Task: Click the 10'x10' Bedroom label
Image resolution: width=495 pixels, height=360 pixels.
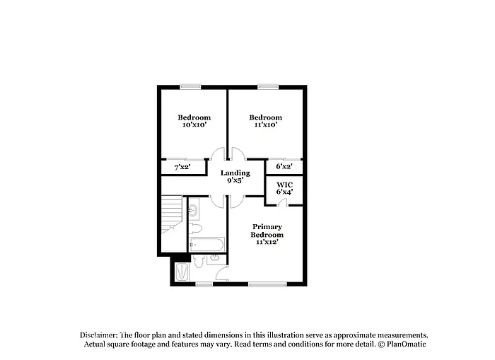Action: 194,121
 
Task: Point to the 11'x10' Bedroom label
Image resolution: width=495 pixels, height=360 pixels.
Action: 265,121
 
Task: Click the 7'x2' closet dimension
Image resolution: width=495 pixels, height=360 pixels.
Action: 182,168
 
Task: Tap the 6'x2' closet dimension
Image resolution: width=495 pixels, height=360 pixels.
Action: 284,168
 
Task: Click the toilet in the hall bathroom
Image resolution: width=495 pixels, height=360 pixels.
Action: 197,228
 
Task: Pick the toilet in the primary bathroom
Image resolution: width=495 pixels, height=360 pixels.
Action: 199,262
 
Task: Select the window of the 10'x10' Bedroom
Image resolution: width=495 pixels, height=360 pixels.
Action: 190,87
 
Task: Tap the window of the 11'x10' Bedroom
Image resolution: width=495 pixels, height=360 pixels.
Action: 268,87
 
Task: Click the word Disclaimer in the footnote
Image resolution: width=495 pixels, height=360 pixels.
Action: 98,335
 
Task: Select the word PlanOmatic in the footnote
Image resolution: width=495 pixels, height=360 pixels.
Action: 406,344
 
